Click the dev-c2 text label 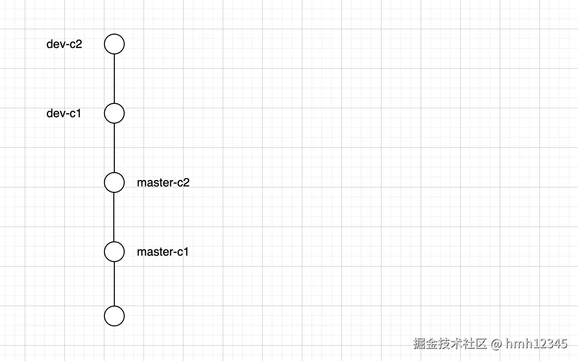[x=64, y=44]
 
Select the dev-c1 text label [x=64, y=113]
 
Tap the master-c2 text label [x=163, y=182]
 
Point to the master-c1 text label [x=163, y=252]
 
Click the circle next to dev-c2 [x=114, y=44]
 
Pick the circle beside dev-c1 [x=114, y=113]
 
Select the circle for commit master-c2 [x=114, y=182]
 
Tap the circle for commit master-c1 [x=114, y=252]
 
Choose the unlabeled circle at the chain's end [x=114, y=316]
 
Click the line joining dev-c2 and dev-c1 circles [x=114, y=79]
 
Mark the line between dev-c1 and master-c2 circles [x=114, y=148]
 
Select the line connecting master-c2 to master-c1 [x=114, y=217]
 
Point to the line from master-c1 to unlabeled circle [x=114, y=284]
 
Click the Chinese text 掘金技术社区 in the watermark [x=450, y=343]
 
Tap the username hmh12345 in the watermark [x=536, y=343]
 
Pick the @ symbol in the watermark [x=496, y=344]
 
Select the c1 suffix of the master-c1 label [x=183, y=252]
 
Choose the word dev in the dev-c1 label [x=54, y=113]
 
